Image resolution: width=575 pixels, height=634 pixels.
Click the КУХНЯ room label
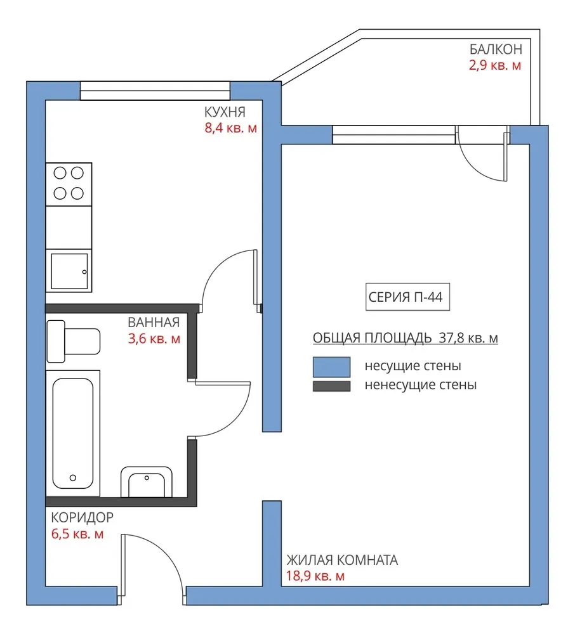tap(225, 112)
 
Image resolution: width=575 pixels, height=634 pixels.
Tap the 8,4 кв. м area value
tap(230, 128)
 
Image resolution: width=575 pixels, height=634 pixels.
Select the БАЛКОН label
tap(496, 49)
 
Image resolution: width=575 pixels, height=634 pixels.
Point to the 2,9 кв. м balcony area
tap(495, 65)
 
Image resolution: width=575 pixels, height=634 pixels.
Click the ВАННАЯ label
tap(154, 322)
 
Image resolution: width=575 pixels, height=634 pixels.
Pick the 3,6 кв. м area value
tap(154, 339)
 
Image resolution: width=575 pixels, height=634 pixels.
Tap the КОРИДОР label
tap(82, 517)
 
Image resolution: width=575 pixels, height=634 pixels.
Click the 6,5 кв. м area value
tap(77, 534)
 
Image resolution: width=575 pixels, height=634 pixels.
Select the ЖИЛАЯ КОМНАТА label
tap(342, 560)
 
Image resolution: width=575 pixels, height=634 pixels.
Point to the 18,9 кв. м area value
tap(315, 576)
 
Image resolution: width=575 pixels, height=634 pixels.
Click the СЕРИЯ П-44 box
tap(407, 297)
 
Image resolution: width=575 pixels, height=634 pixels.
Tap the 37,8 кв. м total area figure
tap(468, 338)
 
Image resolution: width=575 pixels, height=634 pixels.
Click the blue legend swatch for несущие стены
tap(331, 367)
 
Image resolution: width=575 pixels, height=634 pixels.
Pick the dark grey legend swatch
tap(331, 386)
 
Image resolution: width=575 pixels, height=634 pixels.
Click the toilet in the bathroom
tap(74, 342)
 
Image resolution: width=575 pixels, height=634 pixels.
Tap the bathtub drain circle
tap(73, 478)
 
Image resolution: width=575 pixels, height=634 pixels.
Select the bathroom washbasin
tap(147, 482)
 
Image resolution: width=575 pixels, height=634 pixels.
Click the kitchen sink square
tap(69, 271)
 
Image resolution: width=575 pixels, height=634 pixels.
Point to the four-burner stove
tap(69, 184)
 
